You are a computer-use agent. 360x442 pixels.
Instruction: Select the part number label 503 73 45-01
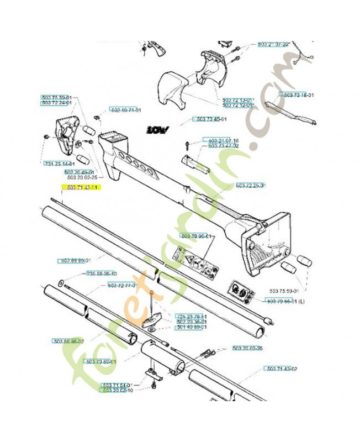211,119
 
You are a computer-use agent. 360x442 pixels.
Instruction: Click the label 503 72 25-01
250,185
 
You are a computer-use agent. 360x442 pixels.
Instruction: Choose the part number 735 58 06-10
101,273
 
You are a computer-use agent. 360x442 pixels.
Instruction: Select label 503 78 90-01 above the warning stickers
198,236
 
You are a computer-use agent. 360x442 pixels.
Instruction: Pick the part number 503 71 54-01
118,385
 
